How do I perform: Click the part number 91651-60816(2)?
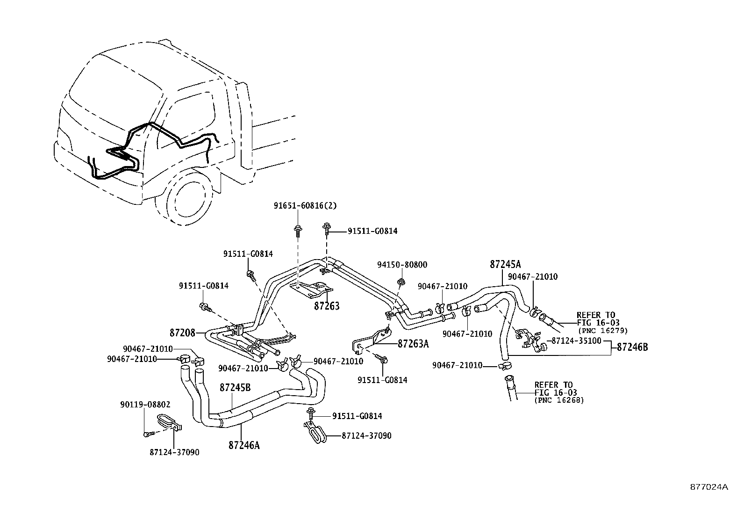click(305, 205)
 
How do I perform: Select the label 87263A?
click(413, 343)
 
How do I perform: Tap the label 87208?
click(182, 333)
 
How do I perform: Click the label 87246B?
click(632, 347)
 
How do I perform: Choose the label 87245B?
click(235, 388)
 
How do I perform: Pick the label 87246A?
click(243, 446)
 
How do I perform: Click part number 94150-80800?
click(402, 265)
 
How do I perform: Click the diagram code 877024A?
click(709, 486)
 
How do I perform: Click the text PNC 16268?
click(559, 400)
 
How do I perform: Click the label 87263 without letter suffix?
click(326, 306)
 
